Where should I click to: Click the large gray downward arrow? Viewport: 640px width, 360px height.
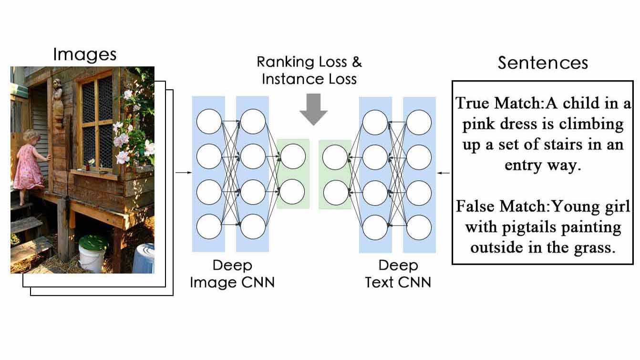tap(313, 109)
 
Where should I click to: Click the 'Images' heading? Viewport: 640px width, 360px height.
tap(85, 54)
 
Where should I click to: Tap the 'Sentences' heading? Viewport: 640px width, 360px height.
tap(543, 63)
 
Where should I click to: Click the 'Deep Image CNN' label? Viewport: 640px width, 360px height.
tap(232, 274)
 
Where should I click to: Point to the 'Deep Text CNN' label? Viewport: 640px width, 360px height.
tap(398, 274)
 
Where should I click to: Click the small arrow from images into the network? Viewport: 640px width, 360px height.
tap(184, 173)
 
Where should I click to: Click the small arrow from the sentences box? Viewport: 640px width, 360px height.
tap(444, 173)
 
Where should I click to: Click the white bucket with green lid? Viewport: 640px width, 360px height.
tap(93, 253)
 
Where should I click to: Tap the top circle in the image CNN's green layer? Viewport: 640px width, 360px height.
tap(293, 156)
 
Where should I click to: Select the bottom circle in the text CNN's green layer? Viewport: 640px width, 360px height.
tap(335, 193)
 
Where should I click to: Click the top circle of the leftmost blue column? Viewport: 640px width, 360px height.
tap(209, 122)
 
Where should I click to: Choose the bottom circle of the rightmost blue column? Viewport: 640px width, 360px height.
tap(419, 227)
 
